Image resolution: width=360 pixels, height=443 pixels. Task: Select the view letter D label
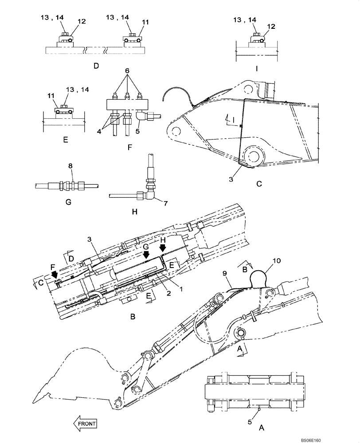click(x=96, y=66)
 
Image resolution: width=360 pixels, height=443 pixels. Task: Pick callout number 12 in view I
click(x=271, y=26)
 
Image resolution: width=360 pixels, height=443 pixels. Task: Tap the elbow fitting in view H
click(x=151, y=194)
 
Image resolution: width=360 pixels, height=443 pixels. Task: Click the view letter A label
click(x=262, y=428)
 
